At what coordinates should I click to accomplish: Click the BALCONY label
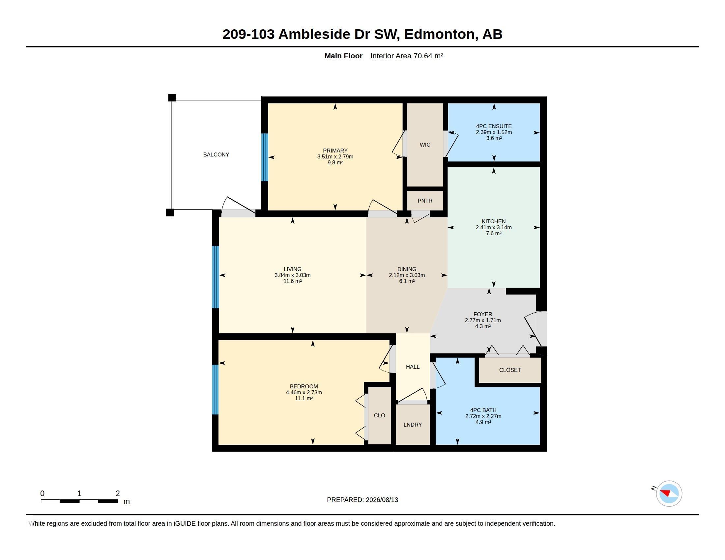216,154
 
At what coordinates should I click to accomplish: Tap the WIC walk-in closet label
425,145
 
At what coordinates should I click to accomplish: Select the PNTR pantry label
425,201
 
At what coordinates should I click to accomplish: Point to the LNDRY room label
413,425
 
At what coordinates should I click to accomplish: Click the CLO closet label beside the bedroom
379,415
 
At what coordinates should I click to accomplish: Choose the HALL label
413,367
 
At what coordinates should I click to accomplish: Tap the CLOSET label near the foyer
510,370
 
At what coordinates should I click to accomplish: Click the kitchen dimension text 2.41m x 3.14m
494,228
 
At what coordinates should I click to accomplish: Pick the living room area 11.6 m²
292,281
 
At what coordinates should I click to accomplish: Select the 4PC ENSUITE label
494,126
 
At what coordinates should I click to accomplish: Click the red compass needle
666,492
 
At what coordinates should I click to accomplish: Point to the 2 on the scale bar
118,493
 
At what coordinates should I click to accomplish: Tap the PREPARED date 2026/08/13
382,500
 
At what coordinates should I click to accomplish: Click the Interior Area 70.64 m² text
407,56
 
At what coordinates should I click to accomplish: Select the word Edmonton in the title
440,34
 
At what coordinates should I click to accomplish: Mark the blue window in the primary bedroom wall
265,157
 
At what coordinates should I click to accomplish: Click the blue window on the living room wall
216,277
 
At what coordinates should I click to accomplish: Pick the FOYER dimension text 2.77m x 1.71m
483,321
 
